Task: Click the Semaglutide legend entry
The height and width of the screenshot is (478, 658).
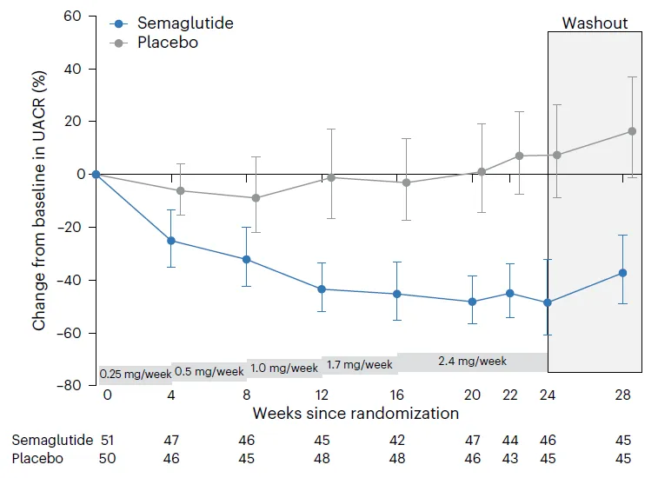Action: (184, 23)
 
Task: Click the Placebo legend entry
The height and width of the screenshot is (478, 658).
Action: (168, 42)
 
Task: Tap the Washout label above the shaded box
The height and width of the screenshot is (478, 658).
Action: (595, 23)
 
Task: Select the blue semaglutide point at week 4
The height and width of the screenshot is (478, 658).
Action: (171, 240)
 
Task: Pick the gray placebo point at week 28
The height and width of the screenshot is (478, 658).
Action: (632, 131)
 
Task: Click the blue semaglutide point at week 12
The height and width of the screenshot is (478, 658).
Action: (322, 289)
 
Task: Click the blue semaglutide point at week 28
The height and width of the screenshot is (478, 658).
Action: (622, 273)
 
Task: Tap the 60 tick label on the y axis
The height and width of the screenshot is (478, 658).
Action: (73, 17)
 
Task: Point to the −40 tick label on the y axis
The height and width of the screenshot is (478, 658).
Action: (69, 280)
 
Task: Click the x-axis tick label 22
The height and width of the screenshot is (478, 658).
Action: (510, 395)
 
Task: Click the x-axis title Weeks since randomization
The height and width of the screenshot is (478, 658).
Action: (356, 413)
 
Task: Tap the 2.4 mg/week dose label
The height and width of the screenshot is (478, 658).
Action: (472, 361)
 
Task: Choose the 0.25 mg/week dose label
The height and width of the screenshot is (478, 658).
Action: (134, 375)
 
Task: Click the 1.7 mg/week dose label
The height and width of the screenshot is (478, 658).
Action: (359, 365)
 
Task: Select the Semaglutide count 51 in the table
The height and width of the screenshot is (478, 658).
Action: (108, 440)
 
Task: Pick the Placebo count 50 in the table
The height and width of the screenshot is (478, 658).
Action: (108, 458)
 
